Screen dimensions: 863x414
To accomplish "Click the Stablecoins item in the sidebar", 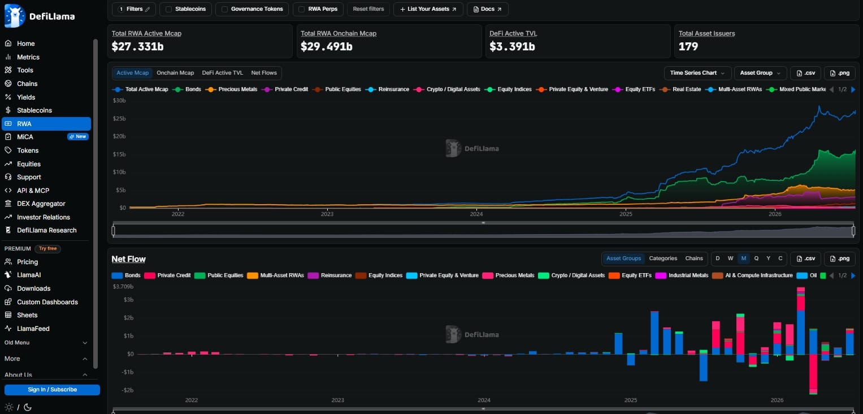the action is point(34,110).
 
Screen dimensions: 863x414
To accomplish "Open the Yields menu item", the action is point(26,97).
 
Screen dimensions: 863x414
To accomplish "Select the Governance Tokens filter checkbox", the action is point(224,9).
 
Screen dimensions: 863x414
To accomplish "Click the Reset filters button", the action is point(368,9).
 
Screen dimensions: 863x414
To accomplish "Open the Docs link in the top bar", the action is point(487,9).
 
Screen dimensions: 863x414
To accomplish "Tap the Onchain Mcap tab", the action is point(175,73).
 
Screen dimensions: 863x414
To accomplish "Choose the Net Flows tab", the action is point(264,73).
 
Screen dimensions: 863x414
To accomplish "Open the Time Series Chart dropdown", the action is point(697,73).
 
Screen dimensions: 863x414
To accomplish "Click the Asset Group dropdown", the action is point(760,73).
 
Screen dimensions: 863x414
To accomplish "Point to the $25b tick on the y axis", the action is point(119,118).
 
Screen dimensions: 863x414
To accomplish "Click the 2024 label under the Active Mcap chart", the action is point(476,214).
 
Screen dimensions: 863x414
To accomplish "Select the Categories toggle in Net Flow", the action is point(663,258).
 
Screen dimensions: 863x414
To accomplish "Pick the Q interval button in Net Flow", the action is point(756,258).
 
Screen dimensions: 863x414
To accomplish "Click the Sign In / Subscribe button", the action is point(52,390).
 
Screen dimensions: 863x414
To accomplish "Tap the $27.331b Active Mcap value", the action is point(137,46).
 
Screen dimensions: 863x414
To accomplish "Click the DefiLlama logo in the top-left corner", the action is point(40,16).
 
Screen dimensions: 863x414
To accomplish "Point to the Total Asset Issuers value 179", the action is point(688,46).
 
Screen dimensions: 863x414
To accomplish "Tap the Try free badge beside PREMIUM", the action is point(48,249).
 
